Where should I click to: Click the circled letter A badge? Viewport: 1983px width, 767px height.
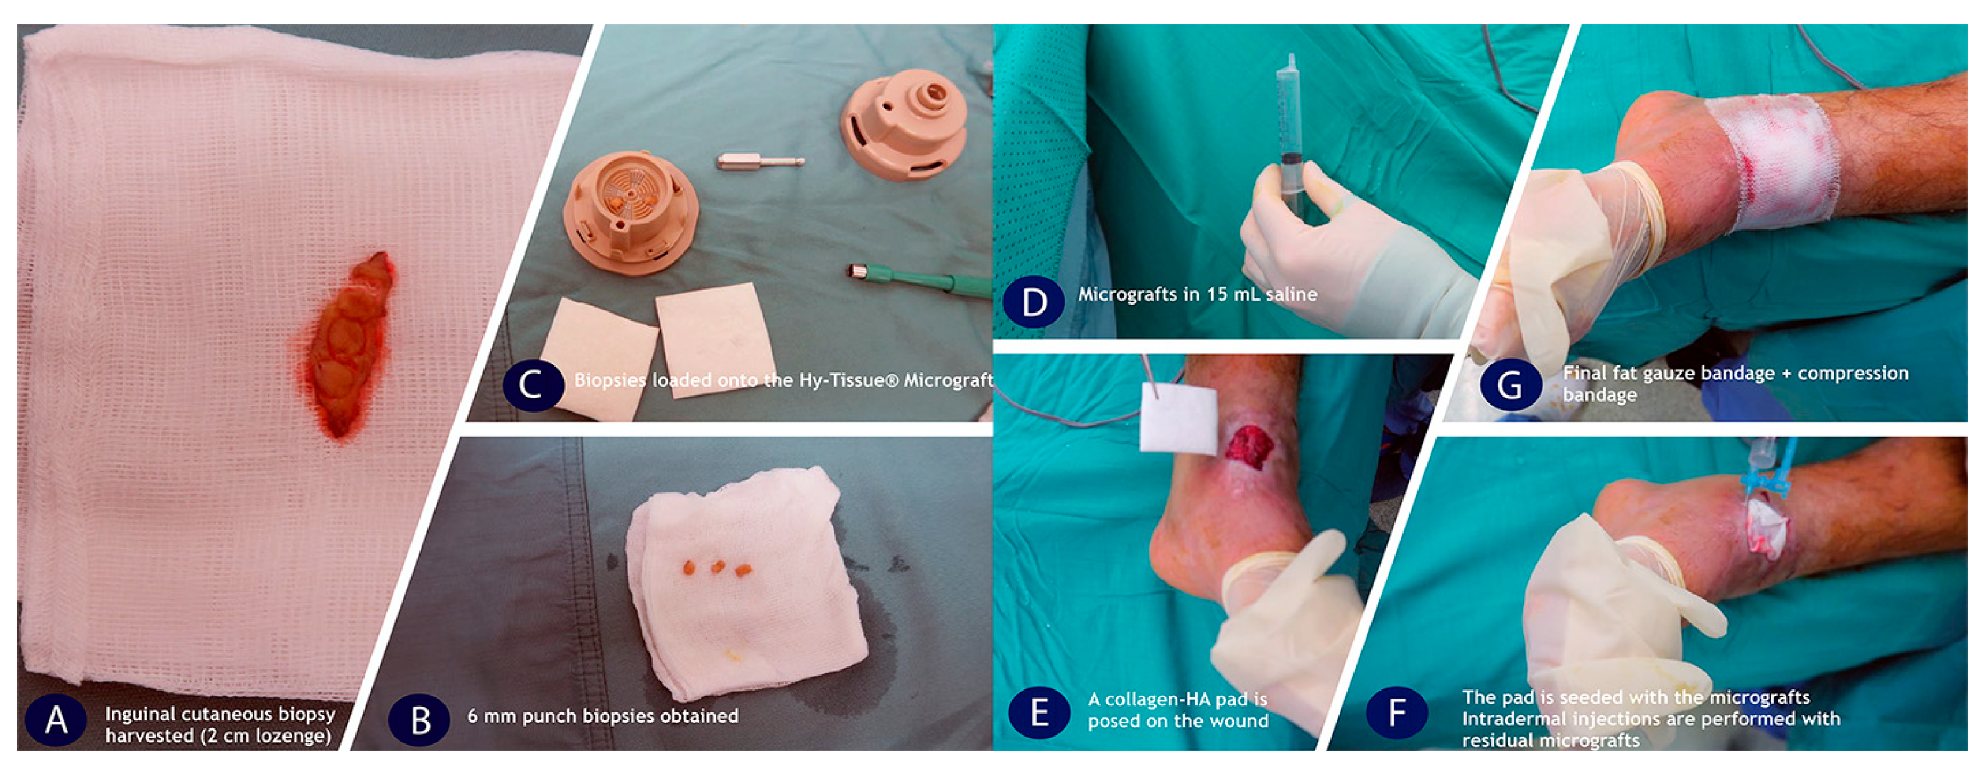pos(55,720)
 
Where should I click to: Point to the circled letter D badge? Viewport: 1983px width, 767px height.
pos(1034,301)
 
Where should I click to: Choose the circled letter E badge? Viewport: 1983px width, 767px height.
pos(1039,712)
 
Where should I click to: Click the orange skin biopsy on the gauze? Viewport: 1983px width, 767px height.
pos(350,344)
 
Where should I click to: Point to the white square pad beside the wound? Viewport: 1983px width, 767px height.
pos(1178,420)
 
